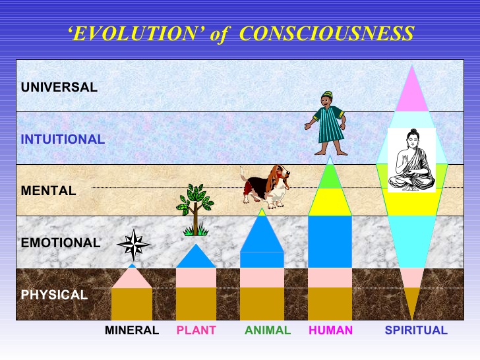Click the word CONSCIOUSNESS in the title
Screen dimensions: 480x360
326,34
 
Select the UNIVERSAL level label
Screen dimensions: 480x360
59,87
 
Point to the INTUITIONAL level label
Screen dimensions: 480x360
63,139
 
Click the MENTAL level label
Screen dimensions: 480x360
48,191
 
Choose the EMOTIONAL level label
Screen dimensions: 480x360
61,243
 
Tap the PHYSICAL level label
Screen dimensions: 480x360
54,295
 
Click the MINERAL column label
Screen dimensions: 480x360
132,330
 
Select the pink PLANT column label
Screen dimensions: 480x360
196,330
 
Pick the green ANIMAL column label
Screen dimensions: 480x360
268,330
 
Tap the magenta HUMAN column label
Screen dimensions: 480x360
330,330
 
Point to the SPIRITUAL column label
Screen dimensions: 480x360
416,330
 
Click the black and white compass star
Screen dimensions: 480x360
133,245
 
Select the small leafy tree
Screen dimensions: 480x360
195,210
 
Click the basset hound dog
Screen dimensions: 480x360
265,187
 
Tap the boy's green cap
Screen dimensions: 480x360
327,94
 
